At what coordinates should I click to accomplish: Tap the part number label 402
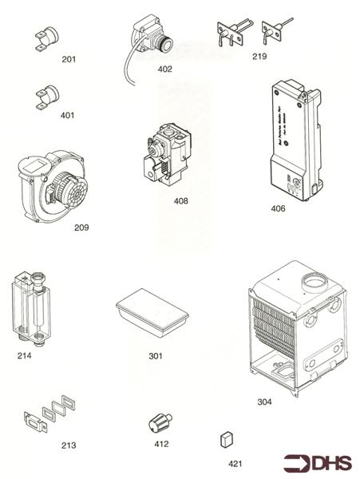click(x=164, y=69)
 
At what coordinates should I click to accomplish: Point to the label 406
click(x=277, y=209)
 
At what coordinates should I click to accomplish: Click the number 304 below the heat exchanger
click(x=264, y=401)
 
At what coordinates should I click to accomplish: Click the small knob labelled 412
click(x=156, y=424)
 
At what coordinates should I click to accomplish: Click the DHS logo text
click(x=330, y=464)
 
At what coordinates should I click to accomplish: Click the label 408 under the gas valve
click(x=181, y=200)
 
